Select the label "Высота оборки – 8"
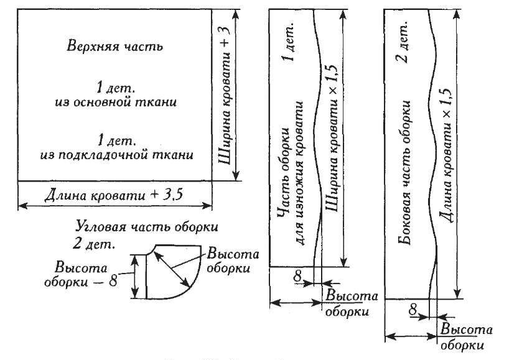point(85,274)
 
